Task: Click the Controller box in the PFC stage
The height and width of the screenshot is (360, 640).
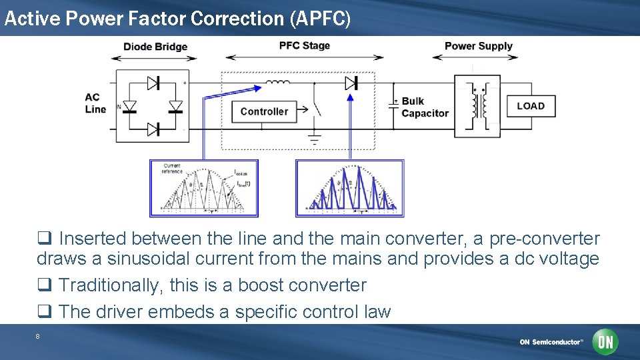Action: (x=264, y=111)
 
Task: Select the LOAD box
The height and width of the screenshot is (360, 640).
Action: (x=531, y=106)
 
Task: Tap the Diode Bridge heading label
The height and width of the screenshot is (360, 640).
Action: (x=155, y=47)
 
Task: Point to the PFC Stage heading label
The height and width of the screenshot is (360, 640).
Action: (x=304, y=45)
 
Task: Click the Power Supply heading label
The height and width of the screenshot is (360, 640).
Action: (x=478, y=46)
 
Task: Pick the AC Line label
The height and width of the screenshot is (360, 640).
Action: (x=95, y=103)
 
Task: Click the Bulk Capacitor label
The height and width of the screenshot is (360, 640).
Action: (x=425, y=107)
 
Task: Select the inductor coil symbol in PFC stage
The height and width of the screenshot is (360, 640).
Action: (x=277, y=83)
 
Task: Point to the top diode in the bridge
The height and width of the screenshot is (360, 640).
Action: (x=153, y=83)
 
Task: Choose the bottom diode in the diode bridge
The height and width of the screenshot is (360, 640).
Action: (x=153, y=129)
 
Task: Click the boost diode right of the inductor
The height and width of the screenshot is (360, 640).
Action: (x=351, y=83)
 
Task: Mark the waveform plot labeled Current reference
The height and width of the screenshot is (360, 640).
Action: (x=204, y=188)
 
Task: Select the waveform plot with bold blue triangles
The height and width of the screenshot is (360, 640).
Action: (x=349, y=188)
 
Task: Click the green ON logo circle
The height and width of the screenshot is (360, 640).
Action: (x=605, y=342)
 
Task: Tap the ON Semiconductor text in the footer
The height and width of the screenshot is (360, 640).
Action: (x=551, y=342)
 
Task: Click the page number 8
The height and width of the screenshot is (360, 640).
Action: (x=37, y=337)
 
